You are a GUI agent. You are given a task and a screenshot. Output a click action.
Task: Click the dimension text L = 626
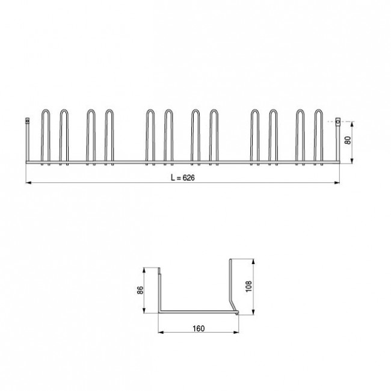click(x=183, y=179)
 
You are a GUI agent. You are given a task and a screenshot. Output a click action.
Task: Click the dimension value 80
click(x=348, y=142)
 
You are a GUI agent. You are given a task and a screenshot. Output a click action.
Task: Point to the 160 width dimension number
click(x=199, y=328)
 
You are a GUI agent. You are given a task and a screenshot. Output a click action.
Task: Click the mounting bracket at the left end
click(x=27, y=122)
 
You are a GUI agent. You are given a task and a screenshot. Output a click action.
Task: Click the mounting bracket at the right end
click(x=337, y=122)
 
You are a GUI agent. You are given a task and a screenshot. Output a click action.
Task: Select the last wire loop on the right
click(x=319, y=135)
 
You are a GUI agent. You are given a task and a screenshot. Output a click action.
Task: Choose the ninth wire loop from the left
click(x=254, y=135)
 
